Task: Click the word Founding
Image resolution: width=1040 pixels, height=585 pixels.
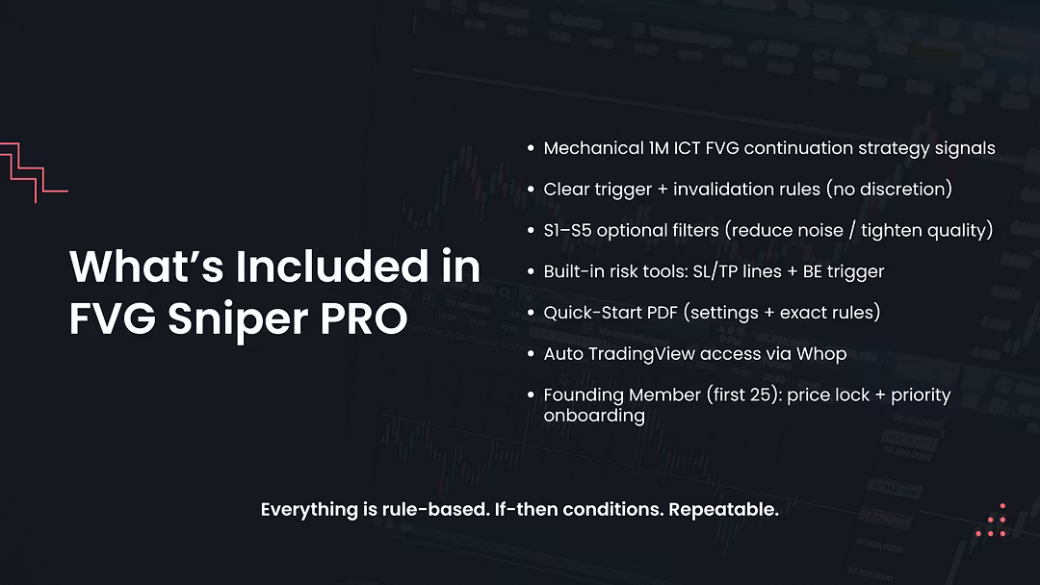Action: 583,395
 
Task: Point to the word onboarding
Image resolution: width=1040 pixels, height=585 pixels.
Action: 593,415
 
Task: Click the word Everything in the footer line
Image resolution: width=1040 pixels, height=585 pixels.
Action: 311,510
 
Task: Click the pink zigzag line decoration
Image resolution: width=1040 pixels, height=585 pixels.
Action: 29,173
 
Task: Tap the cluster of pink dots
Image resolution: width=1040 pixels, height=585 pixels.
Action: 992,520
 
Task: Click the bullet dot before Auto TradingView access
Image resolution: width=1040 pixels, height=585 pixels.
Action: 531,354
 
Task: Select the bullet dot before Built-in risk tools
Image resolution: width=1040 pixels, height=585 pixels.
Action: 531,272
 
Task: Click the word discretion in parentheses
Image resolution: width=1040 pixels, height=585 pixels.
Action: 899,190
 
